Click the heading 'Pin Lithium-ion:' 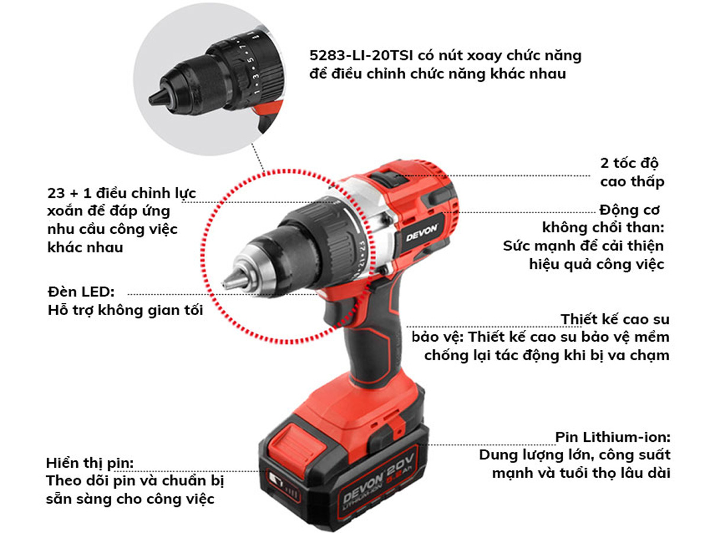pos(612,437)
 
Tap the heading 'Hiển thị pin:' pos(89,463)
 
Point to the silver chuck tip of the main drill pos(235,281)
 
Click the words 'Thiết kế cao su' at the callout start pos(615,319)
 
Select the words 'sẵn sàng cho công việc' pos(130,499)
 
